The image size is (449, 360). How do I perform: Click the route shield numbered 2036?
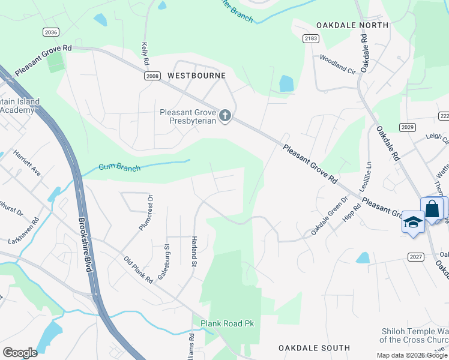[51, 32]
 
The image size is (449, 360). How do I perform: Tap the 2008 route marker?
[152, 76]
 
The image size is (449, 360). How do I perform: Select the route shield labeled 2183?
[310, 38]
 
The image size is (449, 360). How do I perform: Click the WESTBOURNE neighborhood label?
[196, 76]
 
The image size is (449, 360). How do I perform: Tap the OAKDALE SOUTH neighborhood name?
[314, 348]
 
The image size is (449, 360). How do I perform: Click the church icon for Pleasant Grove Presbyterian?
[225, 115]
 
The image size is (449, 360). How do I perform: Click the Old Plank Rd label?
[139, 270]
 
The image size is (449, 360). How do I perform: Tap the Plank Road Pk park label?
[228, 323]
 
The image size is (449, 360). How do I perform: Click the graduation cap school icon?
[413, 221]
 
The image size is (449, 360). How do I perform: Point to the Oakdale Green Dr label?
[329, 216]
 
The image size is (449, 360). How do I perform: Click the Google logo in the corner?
[20, 352]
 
